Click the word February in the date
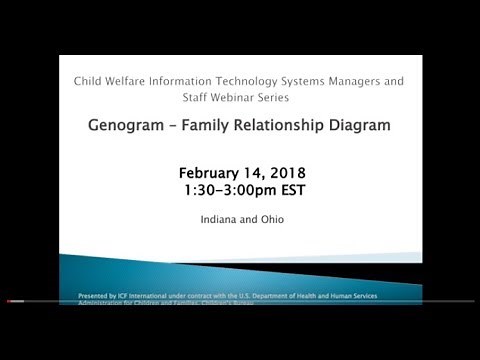[213, 171]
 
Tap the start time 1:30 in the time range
[201, 189]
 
